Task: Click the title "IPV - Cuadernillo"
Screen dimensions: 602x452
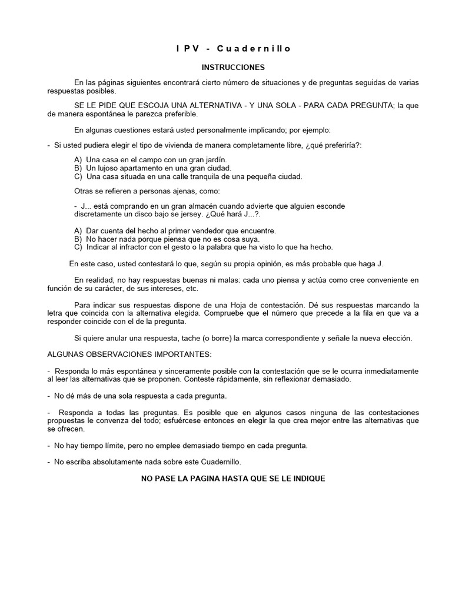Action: (x=233, y=49)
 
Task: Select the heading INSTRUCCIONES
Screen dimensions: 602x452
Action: (x=233, y=68)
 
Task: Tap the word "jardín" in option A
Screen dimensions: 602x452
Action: (x=215, y=159)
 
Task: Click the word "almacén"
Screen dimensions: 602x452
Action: (x=207, y=206)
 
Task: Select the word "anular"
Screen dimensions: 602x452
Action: (x=124, y=339)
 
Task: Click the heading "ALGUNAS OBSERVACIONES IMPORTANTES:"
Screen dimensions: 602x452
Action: (x=128, y=355)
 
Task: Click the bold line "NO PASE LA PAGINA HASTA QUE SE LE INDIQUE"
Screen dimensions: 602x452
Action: (x=233, y=478)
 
